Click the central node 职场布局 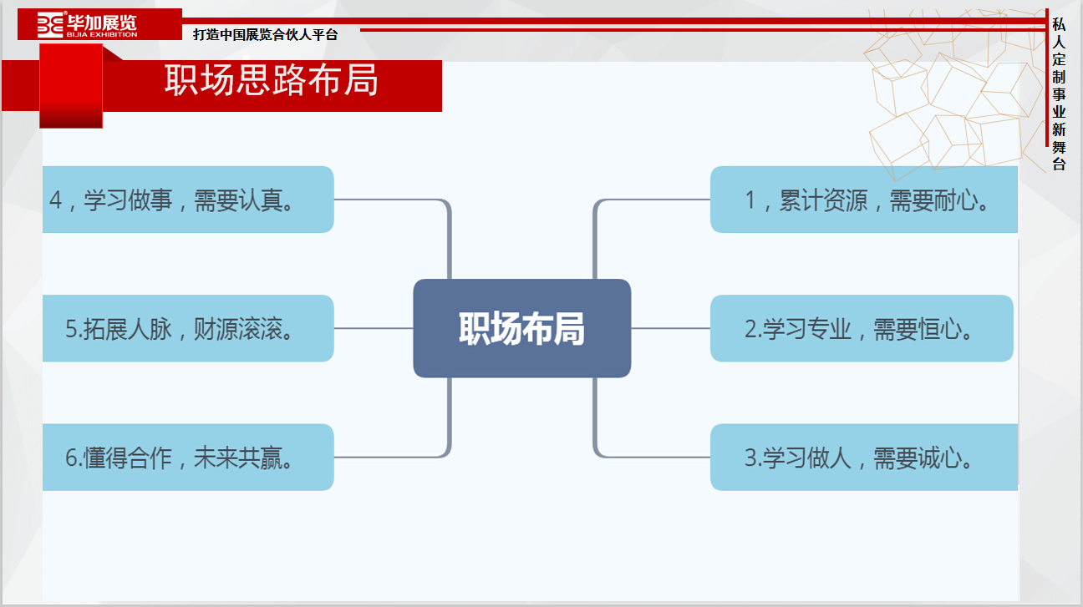pyautogui.click(x=521, y=328)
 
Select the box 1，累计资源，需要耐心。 pyautogui.click(x=864, y=200)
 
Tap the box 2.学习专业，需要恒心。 pyautogui.click(x=862, y=328)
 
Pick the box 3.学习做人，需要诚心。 pyautogui.click(x=864, y=458)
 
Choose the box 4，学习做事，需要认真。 pyautogui.click(x=188, y=200)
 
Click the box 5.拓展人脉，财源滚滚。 pyautogui.click(x=188, y=328)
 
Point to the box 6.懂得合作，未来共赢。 pyautogui.click(x=188, y=458)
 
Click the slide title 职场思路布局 pyautogui.click(x=272, y=80)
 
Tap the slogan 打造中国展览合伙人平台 pyautogui.click(x=266, y=35)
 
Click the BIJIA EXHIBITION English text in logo pyautogui.click(x=102, y=35)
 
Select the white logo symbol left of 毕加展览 pyautogui.click(x=50, y=24)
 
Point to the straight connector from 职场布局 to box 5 pyautogui.click(x=374, y=328)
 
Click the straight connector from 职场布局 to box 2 pyautogui.click(x=670, y=328)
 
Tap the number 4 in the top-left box pyautogui.click(x=56, y=200)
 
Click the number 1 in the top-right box pyautogui.click(x=750, y=200)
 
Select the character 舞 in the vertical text pyautogui.click(x=1059, y=147)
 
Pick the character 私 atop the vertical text pyautogui.click(x=1059, y=24)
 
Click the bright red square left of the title pyautogui.click(x=71, y=86)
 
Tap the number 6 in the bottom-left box pyautogui.click(x=71, y=458)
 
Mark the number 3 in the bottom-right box pyautogui.click(x=750, y=458)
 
